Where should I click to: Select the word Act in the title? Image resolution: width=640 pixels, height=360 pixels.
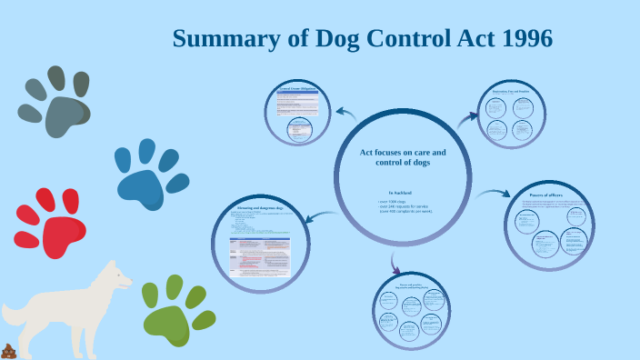click(x=464, y=40)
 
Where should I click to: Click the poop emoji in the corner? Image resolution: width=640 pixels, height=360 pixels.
click(x=10, y=350)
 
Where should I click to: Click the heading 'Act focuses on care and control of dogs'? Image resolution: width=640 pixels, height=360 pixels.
click(x=403, y=157)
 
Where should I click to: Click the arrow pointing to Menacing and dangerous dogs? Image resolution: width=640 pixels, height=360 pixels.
click(x=324, y=216)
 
